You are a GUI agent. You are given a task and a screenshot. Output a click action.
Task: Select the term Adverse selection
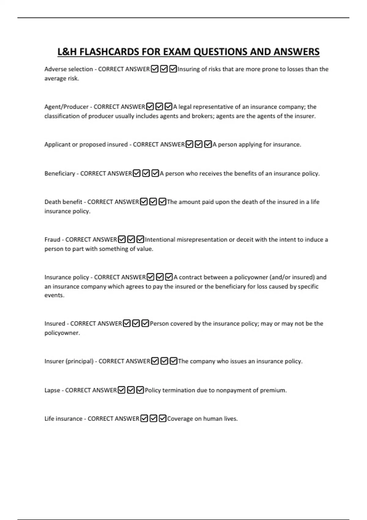pos(69,69)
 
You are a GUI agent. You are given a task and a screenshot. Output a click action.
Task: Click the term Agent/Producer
pos(66,107)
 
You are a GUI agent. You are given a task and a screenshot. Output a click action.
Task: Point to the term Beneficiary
pos(60,173)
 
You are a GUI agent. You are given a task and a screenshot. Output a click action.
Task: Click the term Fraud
pos(52,240)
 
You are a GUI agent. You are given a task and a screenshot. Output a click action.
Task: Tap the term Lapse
pos(52,390)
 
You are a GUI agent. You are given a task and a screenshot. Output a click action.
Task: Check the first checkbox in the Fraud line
pos(122,239)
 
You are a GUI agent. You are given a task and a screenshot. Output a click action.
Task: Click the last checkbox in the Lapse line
pos(140,390)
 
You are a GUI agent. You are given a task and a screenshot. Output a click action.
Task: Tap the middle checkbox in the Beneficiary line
pos(146,173)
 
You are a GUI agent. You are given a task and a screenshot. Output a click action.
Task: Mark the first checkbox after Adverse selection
pos(155,69)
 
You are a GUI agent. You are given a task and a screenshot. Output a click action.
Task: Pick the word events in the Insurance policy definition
pos(54,295)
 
